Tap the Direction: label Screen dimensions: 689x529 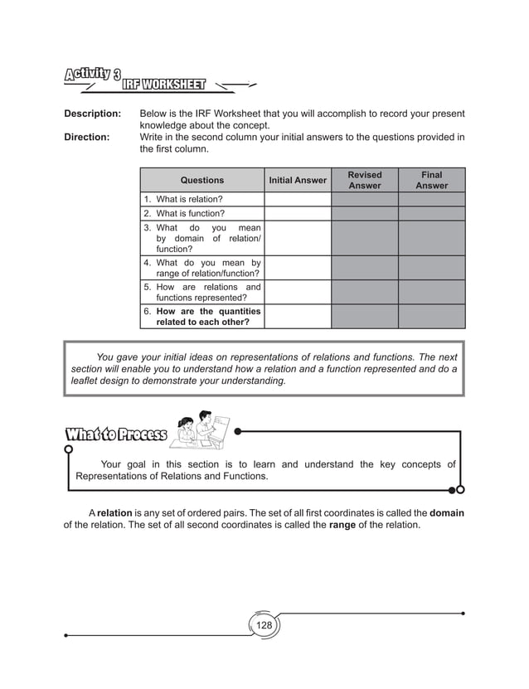click(x=87, y=136)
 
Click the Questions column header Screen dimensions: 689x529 click(x=201, y=180)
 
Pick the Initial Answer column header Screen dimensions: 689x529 click(x=298, y=180)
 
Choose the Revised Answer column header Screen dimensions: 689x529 click(x=364, y=180)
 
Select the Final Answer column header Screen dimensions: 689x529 click(x=431, y=180)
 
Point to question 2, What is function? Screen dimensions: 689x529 click(x=183, y=214)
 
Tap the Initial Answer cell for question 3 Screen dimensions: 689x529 click(x=298, y=238)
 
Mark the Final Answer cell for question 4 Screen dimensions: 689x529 click(x=431, y=268)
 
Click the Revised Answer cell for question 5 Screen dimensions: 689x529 click(x=364, y=293)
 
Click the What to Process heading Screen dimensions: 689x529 click(x=116, y=435)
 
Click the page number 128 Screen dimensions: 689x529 click(x=264, y=624)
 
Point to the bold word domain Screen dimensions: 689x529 click(x=446, y=513)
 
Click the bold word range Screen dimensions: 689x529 click(x=342, y=526)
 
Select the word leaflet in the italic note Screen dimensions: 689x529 click(x=87, y=381)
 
